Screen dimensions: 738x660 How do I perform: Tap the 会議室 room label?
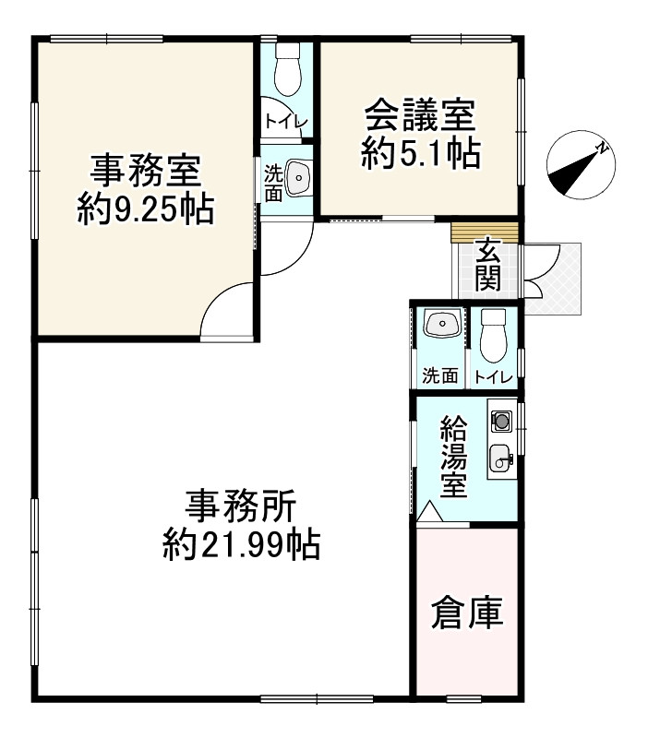click(420, 116)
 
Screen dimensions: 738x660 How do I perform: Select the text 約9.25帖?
click(145, 211)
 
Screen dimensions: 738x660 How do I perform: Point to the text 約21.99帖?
click(241, 546)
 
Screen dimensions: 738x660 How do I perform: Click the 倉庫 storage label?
click(468, 614)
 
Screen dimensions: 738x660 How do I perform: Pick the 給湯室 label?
click(452, 457)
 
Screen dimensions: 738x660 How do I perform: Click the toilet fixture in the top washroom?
click(286, 70)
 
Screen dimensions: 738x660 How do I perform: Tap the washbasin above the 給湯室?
click(441, 326)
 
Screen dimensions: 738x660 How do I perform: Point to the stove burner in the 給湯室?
click(501, 421)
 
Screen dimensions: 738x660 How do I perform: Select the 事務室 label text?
click(146, 171)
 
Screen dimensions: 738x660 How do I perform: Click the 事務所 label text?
click(241, 506)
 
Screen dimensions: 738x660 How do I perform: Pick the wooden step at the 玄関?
click(486, 232)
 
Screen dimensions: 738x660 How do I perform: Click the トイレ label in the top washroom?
click(286, 120)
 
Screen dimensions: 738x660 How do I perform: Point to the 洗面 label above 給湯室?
click(440, 375)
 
